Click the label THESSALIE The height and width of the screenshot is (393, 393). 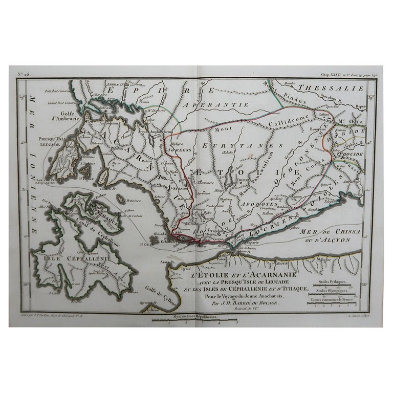click(331, 88)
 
